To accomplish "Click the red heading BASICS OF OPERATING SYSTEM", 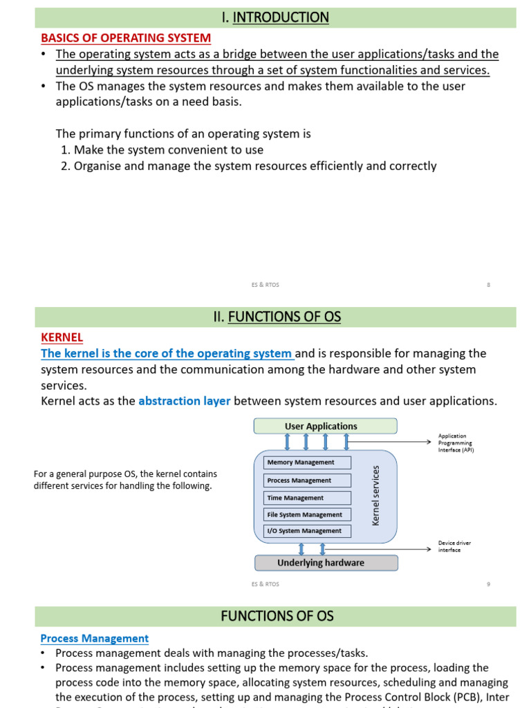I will tap(126, 38).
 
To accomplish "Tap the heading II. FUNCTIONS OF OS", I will tap(277, 317).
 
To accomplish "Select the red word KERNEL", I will tap(62, 337).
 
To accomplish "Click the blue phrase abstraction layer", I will tap(185, 401).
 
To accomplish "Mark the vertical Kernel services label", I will tap(376, 495).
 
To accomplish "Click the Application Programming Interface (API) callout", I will tap(456, 443).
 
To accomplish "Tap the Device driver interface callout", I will tap(454, 546).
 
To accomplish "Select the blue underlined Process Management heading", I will tap(95, 639).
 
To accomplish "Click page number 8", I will tap(488, 284).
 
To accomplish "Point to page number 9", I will tap(488, 584).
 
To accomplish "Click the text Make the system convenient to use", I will tap(168, 149).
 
